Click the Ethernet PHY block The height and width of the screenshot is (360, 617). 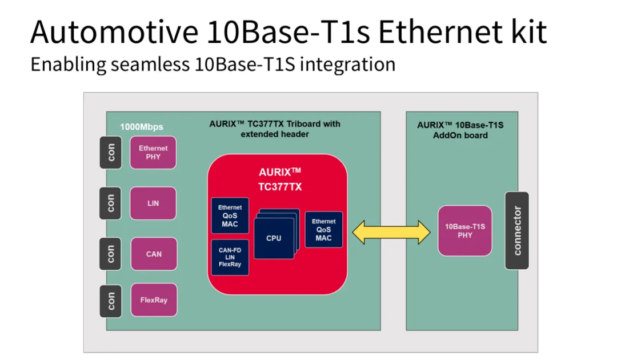click(x=153, y=152)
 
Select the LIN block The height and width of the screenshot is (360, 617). click(x=153, y=203)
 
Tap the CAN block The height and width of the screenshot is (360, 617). click(x=153, y=254)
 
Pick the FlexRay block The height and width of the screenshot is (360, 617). click(x=153, y=299)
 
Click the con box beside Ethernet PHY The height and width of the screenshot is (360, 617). click(x=110, y=152)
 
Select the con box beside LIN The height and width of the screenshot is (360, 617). click(x=110, y=203)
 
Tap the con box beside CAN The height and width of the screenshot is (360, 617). click(x=110, y=254)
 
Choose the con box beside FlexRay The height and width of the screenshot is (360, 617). click(x=110, y=300)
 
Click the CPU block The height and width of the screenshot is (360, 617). click(x=274, y=238)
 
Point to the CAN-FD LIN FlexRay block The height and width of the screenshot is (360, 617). click(x=230, y=257)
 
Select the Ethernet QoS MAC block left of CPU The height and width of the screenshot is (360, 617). click(x=230, y=215)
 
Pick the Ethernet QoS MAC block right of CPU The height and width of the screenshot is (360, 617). click(x=324, y=229)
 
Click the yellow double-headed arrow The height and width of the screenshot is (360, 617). click(x=392, y=231)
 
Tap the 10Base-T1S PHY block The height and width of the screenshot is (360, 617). click(x=465, y=231)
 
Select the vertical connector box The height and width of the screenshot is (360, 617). click(x=517, y=230)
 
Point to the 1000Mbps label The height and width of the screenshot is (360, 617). click(x=141, y=126)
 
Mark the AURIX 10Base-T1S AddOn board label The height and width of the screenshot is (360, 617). click(x=460, y=130)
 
